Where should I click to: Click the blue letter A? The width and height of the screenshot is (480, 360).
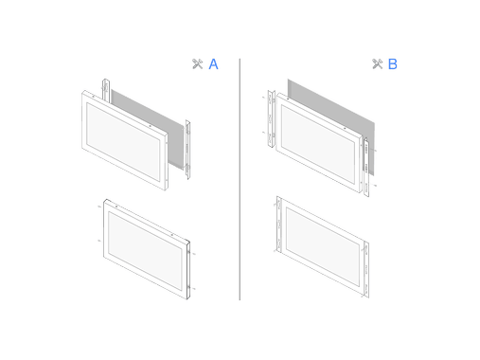tap(213, 64)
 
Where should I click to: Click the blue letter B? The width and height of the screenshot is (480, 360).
tap(392, 64)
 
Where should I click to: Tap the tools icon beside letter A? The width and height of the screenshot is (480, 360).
tap(198, 63)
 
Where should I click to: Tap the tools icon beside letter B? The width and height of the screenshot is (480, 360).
tap(378, 63)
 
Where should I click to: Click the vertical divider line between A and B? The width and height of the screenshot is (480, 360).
tap(240, 179)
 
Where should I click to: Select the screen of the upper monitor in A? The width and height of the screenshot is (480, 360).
tap(123, 142)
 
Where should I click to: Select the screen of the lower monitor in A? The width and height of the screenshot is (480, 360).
tap(145, 251)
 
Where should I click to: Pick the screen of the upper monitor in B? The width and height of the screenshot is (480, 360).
tap(318, 144)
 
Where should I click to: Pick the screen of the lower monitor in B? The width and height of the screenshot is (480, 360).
tap(323, 246)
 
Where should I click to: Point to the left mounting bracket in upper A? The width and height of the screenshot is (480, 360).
tap(106, 90)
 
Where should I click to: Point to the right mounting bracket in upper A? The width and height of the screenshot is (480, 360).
tap(187, 150)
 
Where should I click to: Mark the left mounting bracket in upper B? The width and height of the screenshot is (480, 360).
tap(271, 118)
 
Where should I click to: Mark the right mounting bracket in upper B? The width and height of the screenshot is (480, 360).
tap(366, 168)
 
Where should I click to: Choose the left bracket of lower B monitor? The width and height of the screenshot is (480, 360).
tap(279, 225)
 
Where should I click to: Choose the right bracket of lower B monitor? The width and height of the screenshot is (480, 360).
tap(366, 269)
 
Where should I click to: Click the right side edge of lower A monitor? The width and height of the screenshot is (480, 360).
tap(188, 270)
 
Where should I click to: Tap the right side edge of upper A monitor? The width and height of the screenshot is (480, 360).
tap(166, 162)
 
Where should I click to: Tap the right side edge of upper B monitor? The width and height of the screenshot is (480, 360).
tap(361, 164)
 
